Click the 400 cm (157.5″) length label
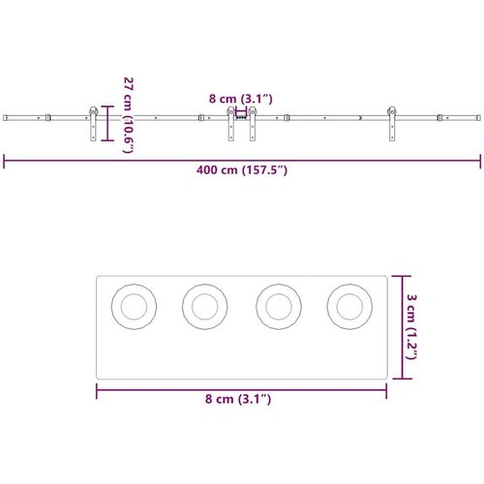pyautogui.click(x=242, y=170)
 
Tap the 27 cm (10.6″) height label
pyautogui.click(x=129, y=115)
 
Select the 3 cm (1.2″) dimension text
pyautogui.click(x=411, y=326)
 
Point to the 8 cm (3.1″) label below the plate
pyautogui.click(x=238, y=399)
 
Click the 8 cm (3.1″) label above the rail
pyautogui.click(x=241, y=99)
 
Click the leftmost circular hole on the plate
pyautogui.click(x=134, y=307)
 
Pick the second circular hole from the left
pyautogui.click(x=205, y=307)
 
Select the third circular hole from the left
pyautogui.click(x=279, y=307)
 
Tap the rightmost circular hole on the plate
pyautogui.click(x=349, y=307)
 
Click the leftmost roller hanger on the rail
pyautogui.click(x=93, y=124)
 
